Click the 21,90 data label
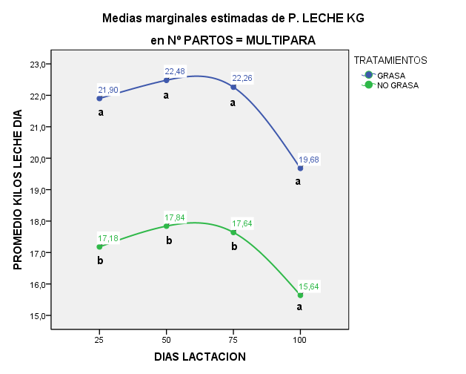coord(108,90)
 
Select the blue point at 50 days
coord(167,80)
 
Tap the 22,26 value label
coord(242,78)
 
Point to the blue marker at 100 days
coord(300,168)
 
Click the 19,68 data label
coord(309,160)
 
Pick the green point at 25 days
coord(99,247)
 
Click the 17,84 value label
coord(175,217)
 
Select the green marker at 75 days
coord(233,232)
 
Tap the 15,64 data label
coord(309,286)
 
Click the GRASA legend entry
coord(390,75)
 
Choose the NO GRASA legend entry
coord(398,85)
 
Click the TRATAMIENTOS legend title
coord(390,59)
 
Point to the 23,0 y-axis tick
coord(39,65)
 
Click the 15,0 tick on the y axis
coord(39,316)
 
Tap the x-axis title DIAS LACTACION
coord(199,356)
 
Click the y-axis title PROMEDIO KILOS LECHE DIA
coord(19,190)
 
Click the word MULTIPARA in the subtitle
coord(279,41)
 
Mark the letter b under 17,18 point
coord(100,261)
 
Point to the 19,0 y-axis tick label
coord(39,191)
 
